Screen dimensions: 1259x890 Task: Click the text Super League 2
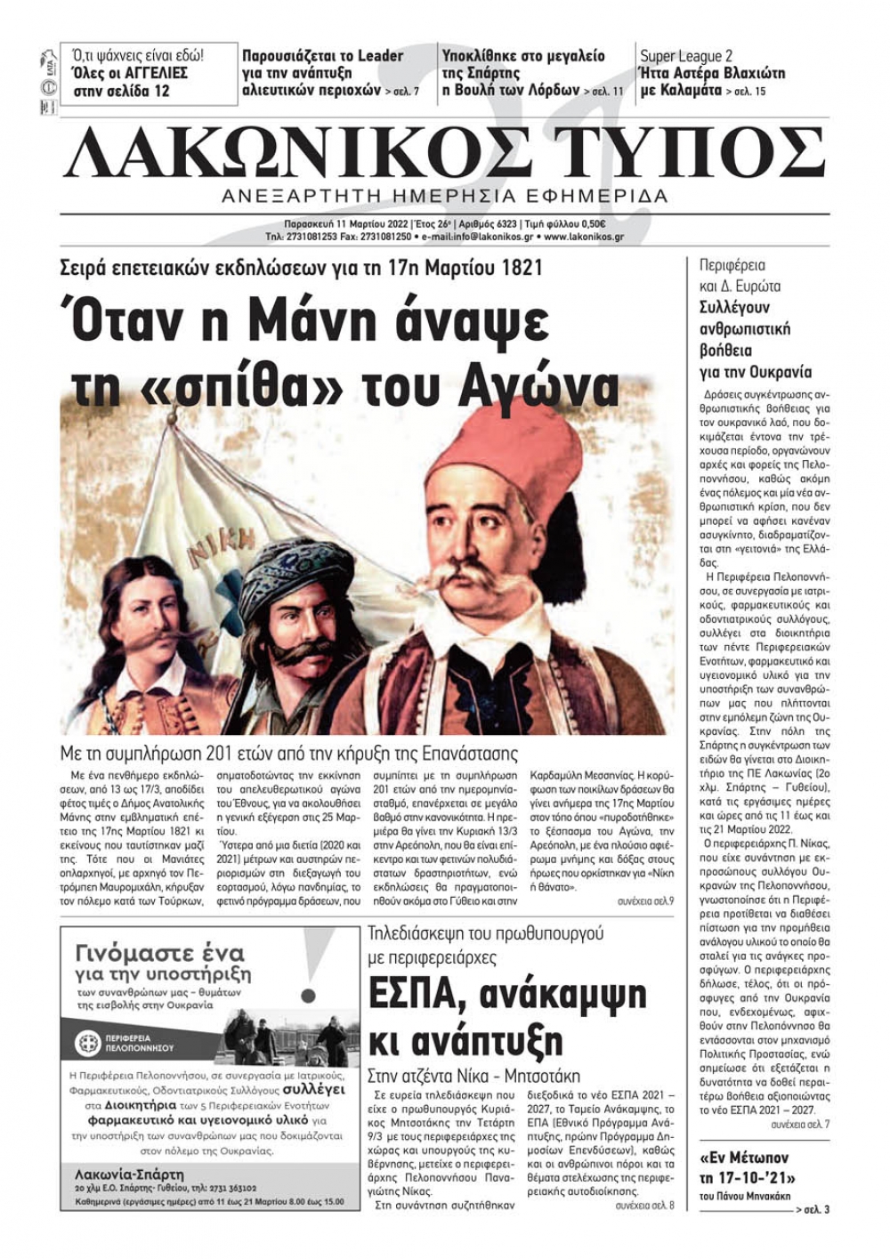[686, 56]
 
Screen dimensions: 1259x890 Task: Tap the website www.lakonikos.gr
[583, 238]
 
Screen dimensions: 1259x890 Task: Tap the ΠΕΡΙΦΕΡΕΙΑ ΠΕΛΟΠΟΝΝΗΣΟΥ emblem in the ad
[89, 1043]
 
